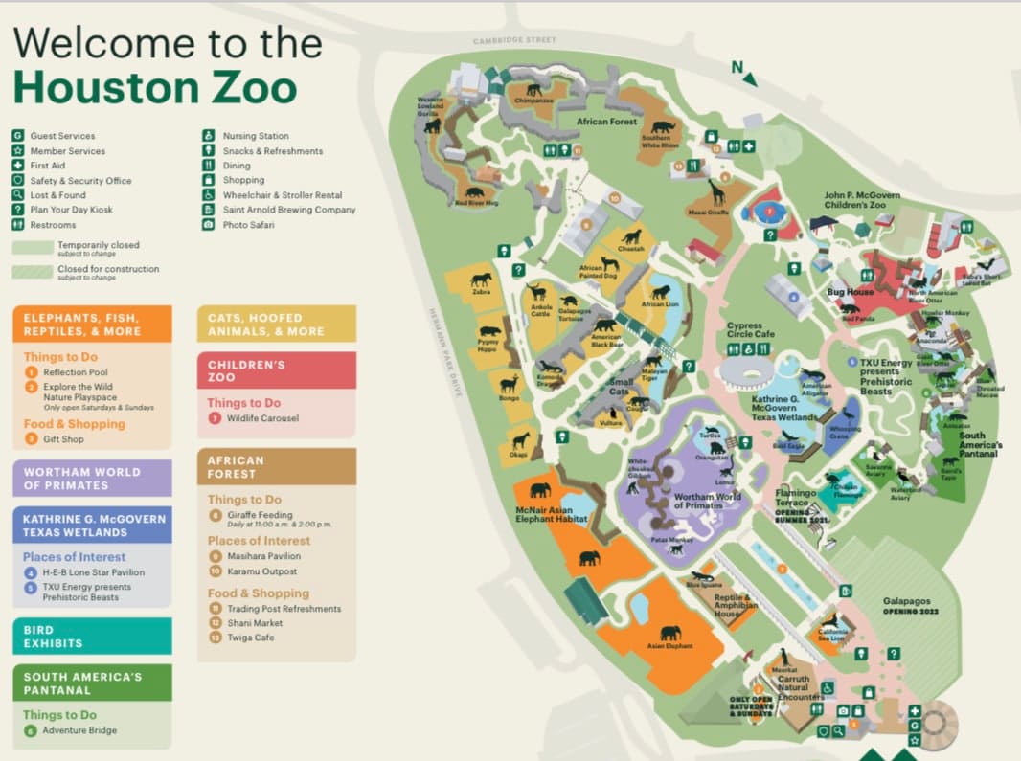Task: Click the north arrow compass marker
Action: (x=744, y=73)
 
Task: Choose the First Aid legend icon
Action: (x=18, y=166)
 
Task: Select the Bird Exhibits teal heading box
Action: (x=92, y=636)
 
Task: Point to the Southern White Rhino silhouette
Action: (x=663, y=126)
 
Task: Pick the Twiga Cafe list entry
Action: (x=250, y=638)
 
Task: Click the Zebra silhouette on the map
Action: (x=481, y=280)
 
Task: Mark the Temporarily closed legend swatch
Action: (x=33, y=248)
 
